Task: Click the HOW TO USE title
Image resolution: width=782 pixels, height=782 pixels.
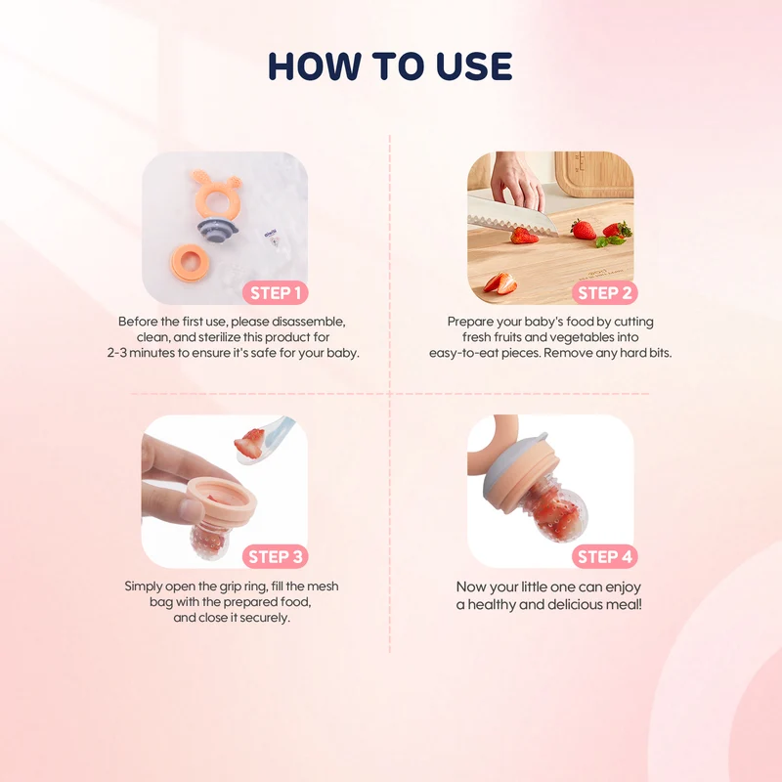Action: coord(390,65)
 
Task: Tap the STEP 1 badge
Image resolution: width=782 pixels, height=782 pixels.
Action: coord(276,292)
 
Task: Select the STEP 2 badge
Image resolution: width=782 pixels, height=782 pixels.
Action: coord(604,292)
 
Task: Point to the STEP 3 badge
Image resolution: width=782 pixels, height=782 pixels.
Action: coord(276,556)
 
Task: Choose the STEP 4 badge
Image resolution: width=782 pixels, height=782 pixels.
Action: coord(604,556)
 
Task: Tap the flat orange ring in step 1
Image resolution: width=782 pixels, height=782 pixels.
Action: coord(190,262)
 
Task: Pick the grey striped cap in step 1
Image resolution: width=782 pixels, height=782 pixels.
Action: coord(217,228)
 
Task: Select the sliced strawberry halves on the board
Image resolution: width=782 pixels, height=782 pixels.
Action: coord(500,282)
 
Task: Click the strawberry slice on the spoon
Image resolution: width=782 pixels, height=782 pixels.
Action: coord(250,443)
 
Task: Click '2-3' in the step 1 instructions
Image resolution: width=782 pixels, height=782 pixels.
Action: coord(116,353)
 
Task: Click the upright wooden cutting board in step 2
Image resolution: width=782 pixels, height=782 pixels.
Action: coord(594,175)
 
